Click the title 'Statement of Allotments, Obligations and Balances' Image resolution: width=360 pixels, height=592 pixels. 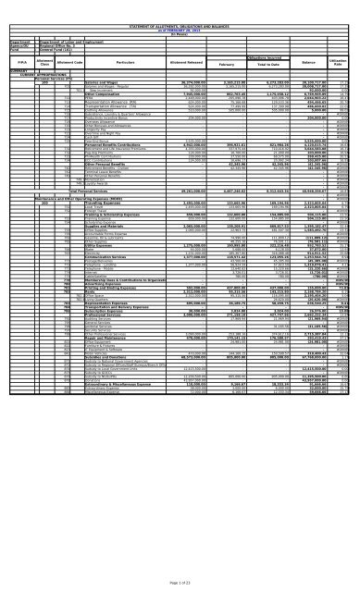[x=180, y=5]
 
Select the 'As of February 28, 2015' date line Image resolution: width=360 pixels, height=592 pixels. [x=180, y=9]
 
